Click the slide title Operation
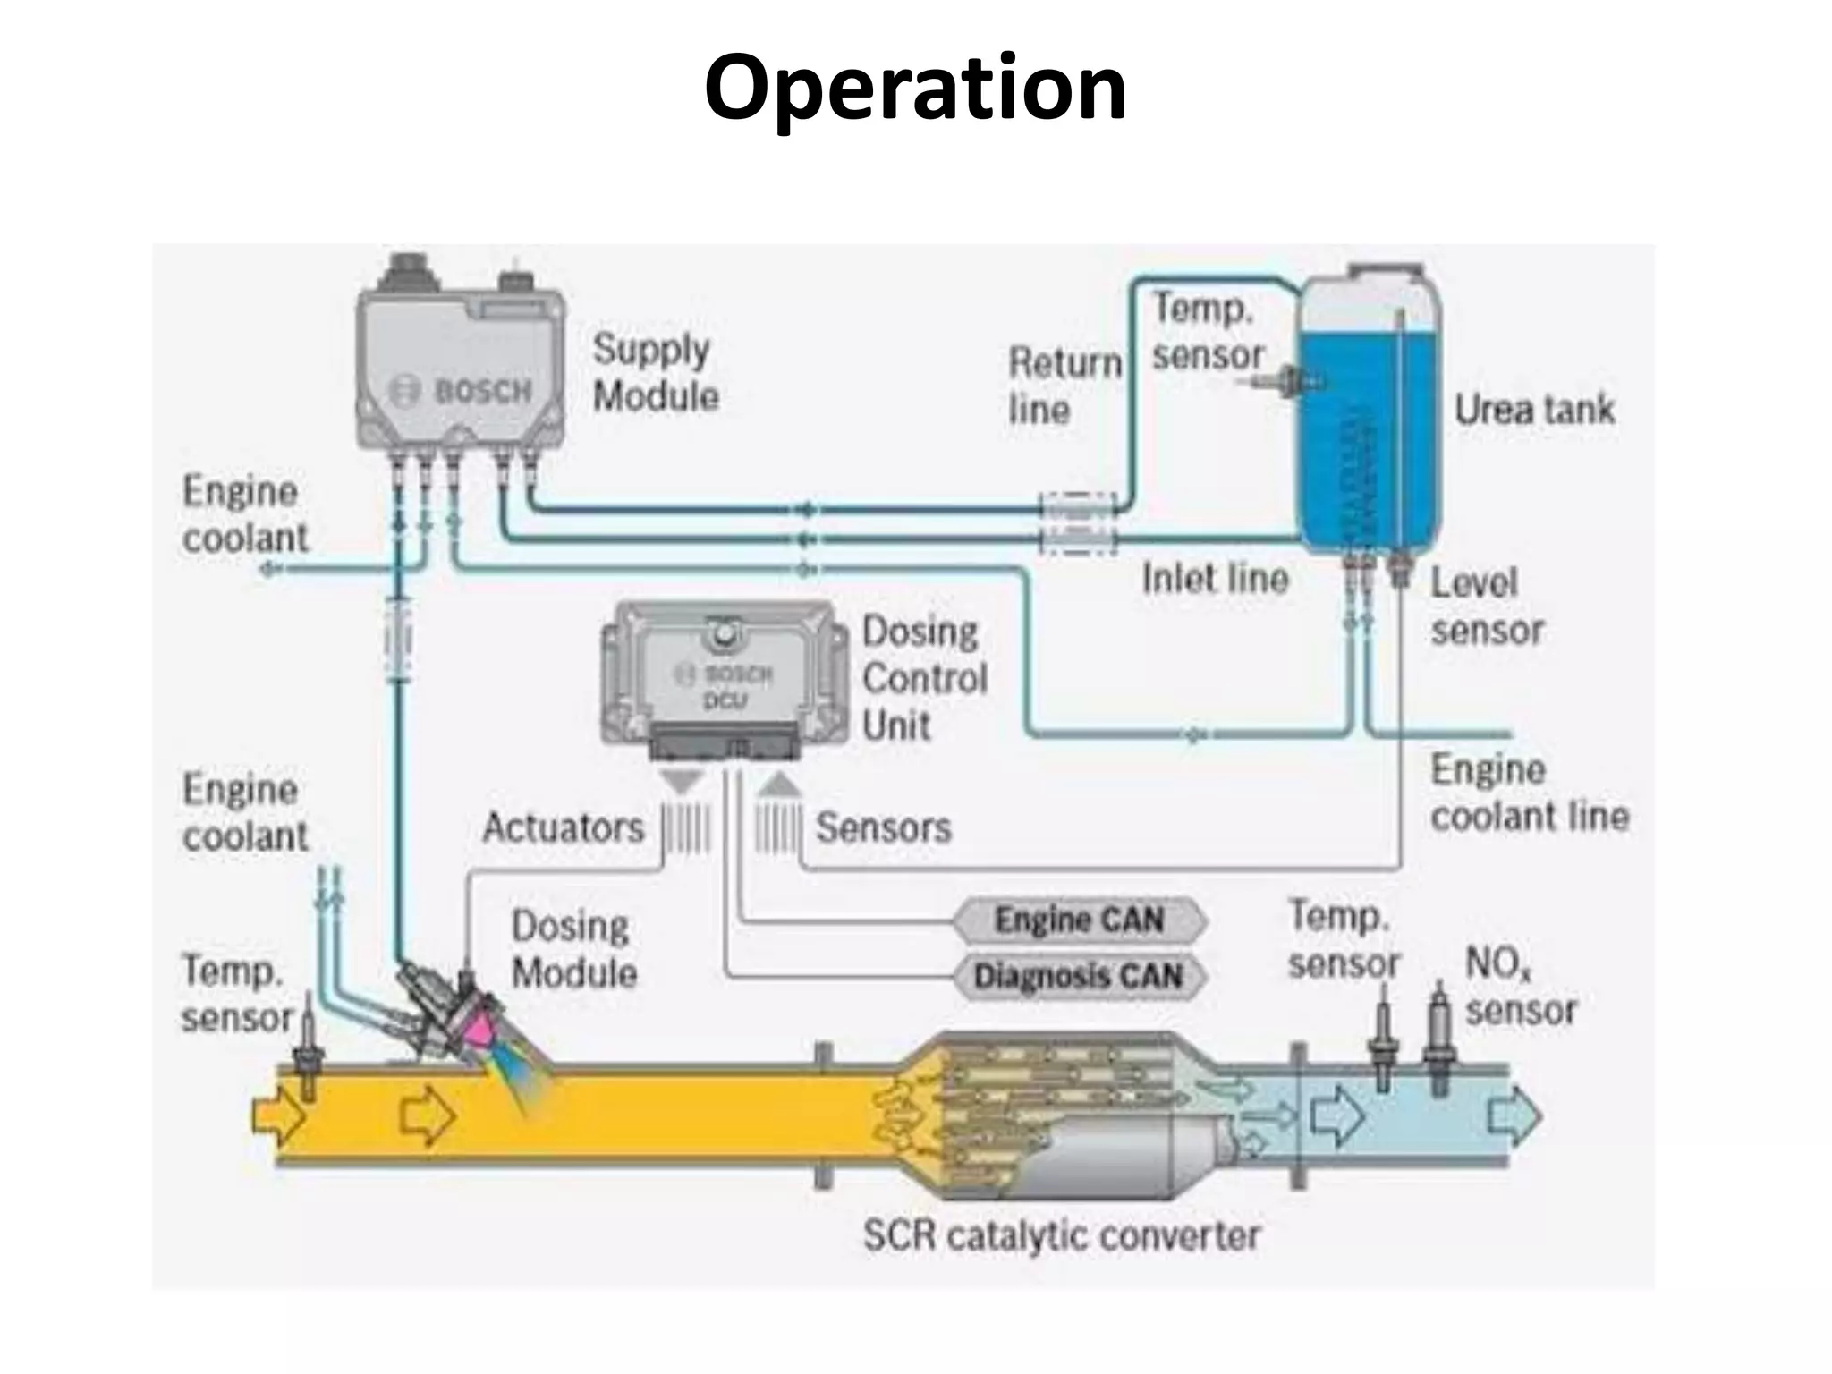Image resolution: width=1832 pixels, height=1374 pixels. pyautogui.click(x=914, y=88)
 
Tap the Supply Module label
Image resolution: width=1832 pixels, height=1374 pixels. pyautogui.click(x=656, y=372)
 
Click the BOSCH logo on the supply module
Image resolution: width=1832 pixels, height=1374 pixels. pyautogui.click(x=462, y=392)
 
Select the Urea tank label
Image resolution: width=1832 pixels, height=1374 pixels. pyautogui.click(x=1534, y=410)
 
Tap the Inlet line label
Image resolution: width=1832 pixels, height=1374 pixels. pyautogui.click(x=1215, y=579)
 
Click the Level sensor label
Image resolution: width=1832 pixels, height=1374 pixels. pyautogui.click(x=1486, y=606)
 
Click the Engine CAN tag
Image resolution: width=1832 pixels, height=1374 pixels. pyautogui.click(x=1079, y=920)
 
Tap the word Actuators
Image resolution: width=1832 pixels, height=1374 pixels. pyautogui.click(x=563, y=827)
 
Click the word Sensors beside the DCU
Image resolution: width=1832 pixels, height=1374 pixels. pyautogui.click(x=883, y=827)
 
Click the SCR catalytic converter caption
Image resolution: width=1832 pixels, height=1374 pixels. pyautogui.click(x=1061, y=1236)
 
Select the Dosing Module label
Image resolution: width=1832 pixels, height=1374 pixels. pyautogui.click(x=573, y=949)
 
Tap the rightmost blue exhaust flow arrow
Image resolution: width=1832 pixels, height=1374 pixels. pyautogui.click(x=1514, y=1115)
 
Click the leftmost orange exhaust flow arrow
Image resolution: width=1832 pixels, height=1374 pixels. pyautogui.click(x=278, y=1115)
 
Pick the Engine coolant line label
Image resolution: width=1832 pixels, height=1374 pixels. pyautogui.click(x=1529, y=793)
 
